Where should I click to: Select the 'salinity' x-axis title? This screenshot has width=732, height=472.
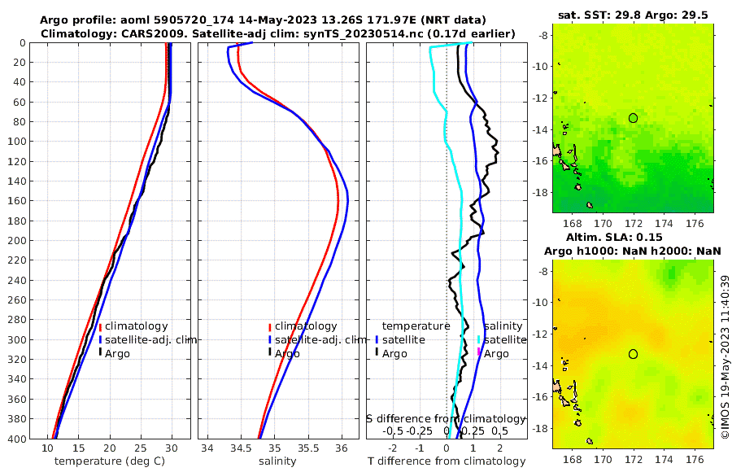click(277, 461)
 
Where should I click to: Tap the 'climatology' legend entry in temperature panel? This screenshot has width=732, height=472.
click(136, 326)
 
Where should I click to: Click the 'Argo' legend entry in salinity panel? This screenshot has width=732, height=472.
click(288, 353)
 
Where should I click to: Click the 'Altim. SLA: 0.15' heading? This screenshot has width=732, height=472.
click(632, 237)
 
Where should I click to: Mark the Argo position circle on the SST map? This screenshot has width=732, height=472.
click(633, 118)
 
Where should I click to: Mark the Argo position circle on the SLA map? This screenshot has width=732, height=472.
click(633, 354)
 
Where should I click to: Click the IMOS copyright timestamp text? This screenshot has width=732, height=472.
click(725, 359)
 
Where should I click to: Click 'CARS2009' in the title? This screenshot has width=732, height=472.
click(135, 33)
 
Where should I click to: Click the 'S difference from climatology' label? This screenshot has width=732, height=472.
click(446, 418)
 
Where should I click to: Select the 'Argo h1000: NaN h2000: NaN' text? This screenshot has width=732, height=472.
click(632, 251)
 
